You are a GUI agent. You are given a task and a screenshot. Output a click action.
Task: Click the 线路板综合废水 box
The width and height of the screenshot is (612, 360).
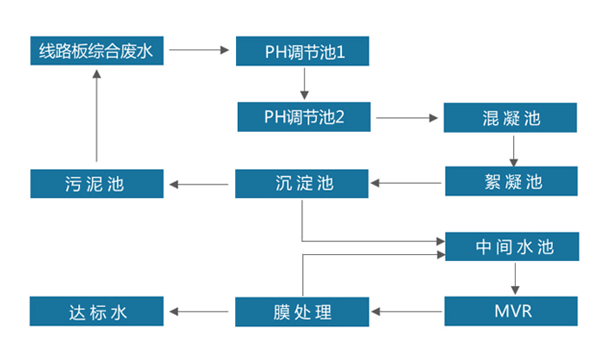[96, 51]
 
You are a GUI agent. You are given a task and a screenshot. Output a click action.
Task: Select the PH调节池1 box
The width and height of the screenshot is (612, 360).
[304, 51]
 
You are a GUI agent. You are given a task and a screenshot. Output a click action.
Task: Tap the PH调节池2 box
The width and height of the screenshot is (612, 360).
[304, 115]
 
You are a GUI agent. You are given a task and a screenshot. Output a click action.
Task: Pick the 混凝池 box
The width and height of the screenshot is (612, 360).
[510, 117]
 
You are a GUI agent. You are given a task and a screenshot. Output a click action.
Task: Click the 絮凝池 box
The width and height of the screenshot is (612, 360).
[510, 181]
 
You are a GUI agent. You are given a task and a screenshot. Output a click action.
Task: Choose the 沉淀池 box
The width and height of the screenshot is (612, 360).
[303, 184]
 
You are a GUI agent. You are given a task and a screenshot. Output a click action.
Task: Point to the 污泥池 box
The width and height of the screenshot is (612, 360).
[96, 184]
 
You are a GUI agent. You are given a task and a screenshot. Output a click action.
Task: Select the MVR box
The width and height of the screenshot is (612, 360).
[511, 311]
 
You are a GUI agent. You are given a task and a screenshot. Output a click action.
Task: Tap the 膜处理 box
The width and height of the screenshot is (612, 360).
[303, 311]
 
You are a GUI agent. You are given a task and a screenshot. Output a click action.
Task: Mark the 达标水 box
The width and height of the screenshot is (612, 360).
[96, 311]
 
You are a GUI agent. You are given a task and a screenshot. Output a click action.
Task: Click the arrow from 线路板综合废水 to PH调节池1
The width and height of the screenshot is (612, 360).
[200, 50]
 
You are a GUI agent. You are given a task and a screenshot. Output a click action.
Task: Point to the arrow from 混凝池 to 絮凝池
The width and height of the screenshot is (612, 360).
[514, 149]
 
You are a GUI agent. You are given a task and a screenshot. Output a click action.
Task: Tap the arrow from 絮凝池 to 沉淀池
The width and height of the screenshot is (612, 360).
[407, 183]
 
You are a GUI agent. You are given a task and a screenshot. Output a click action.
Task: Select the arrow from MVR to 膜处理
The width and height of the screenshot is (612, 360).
[407, 310]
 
